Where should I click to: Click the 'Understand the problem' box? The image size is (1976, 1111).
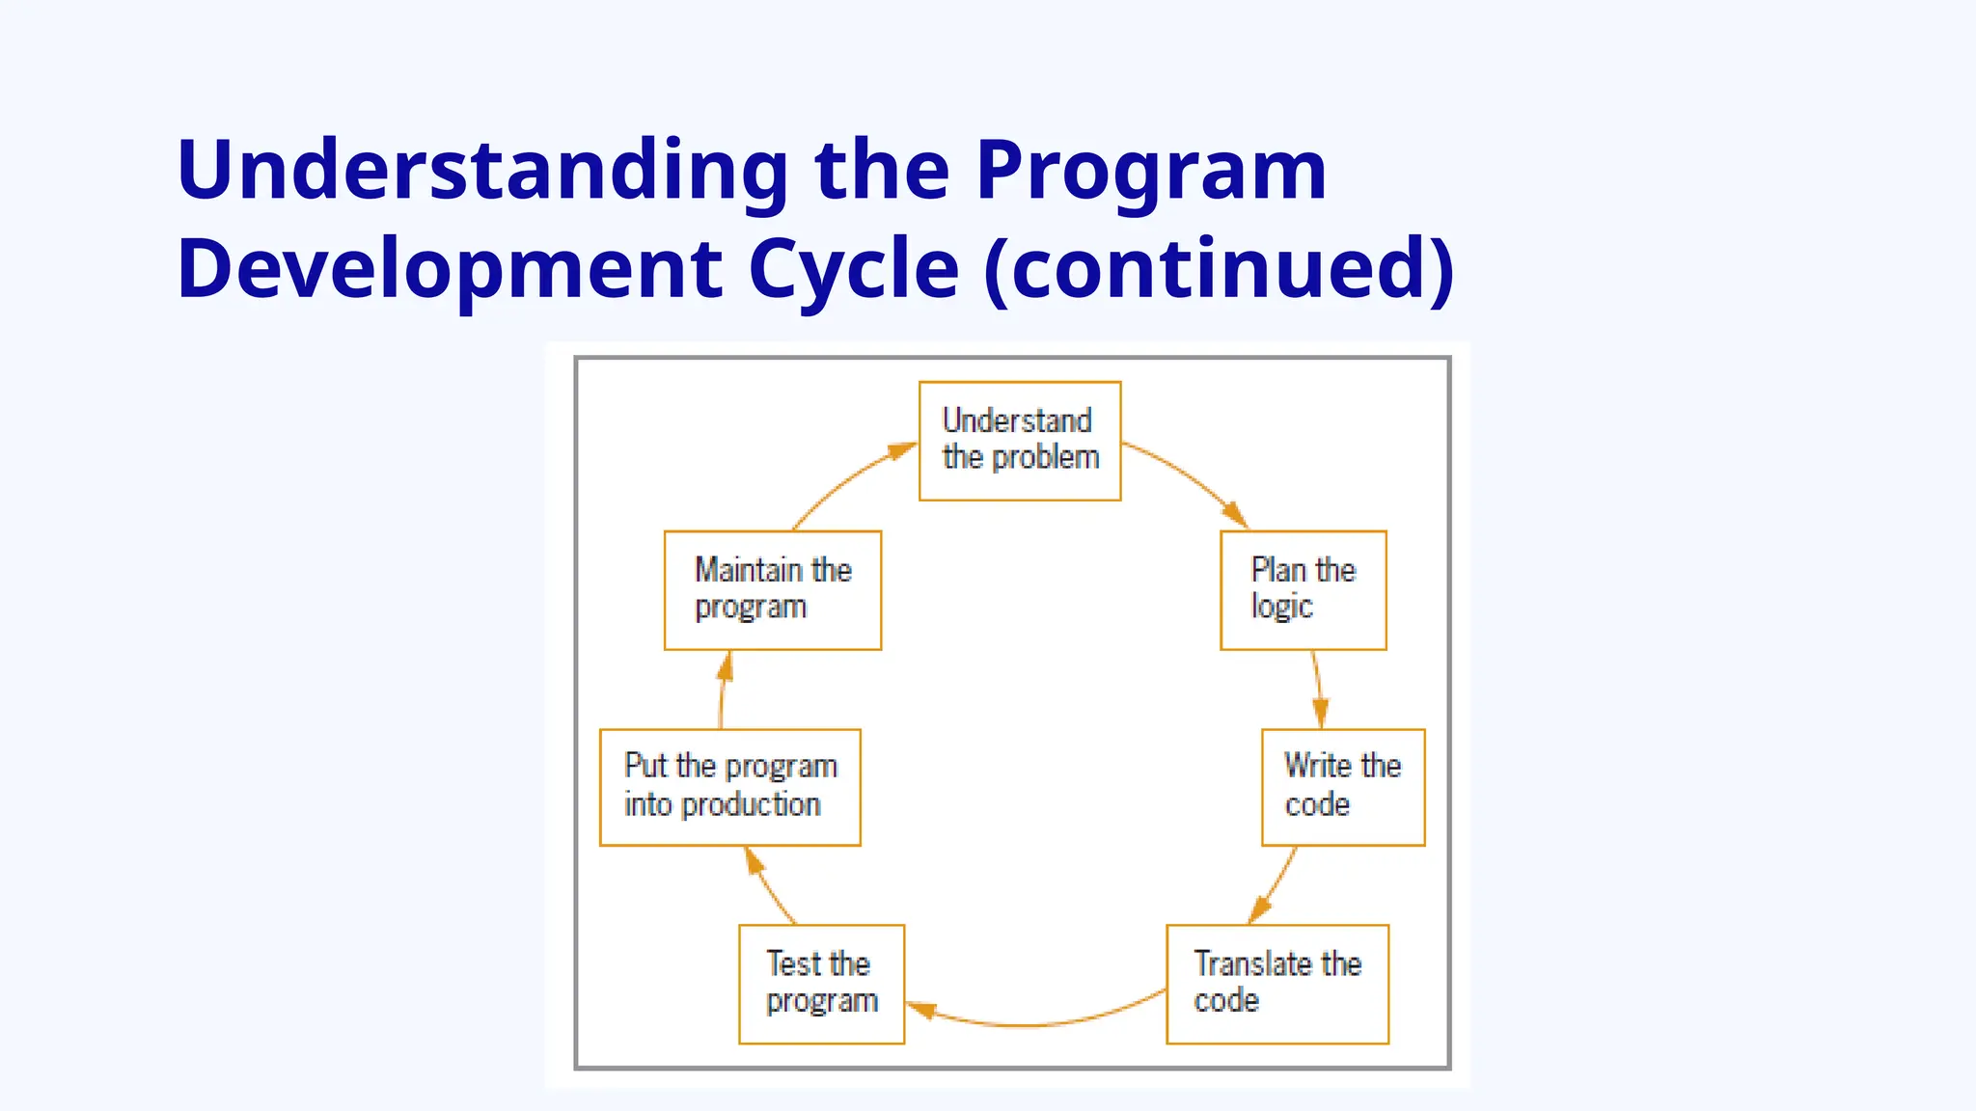point(1020,441)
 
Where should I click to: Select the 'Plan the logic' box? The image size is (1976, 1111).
point(1303,589)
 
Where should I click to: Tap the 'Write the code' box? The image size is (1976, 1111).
point(1342,787)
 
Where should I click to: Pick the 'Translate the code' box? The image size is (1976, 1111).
point(1276,984)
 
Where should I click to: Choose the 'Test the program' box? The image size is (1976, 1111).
point(821,984)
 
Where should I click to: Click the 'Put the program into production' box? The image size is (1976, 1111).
point(729,787)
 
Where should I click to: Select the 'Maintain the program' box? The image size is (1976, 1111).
point(772,589)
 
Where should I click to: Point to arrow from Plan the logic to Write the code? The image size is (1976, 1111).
point(1318,689)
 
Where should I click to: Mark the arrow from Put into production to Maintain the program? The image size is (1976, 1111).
point(723,691)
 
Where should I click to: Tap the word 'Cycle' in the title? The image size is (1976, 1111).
point(854,269)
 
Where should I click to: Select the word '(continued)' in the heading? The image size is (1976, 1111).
point(1219,269)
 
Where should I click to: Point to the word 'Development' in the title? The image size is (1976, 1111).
point(450,269)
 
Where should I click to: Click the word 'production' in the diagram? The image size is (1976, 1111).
point(751,805)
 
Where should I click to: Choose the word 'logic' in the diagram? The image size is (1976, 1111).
point(1281,607)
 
